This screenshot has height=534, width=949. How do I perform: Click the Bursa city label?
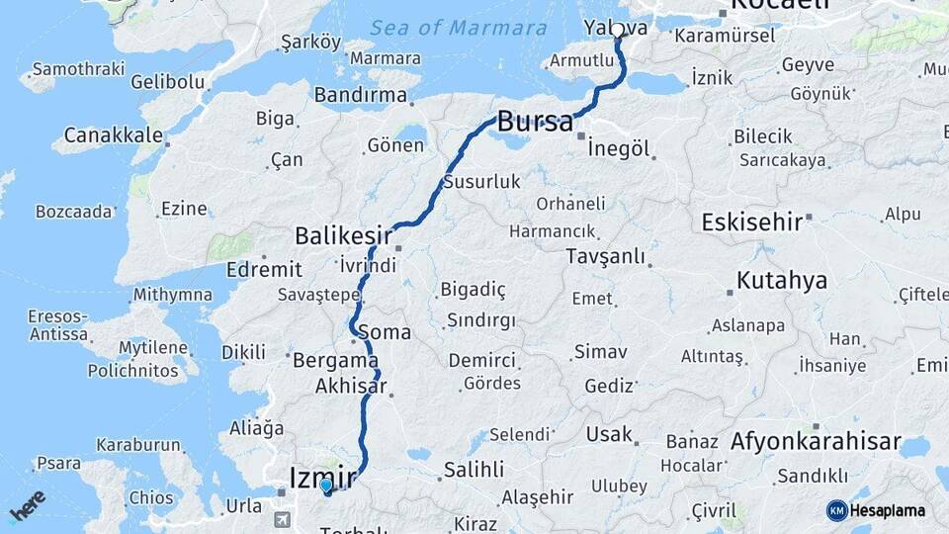tap(534, 123)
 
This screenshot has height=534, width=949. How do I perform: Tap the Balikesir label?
tap(343, 236)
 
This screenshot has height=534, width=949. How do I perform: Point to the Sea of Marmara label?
tap(459, 28)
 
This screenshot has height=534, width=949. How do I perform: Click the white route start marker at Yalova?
tap(618, 30)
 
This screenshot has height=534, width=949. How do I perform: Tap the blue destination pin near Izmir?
tap(326, 487)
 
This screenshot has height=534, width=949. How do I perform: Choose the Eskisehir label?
tap(751, 222)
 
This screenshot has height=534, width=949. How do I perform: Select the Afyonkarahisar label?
tap(816, 441)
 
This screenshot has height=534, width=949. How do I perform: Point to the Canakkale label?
tap(114, 134)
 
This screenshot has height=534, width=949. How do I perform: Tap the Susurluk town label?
tap(481, 182)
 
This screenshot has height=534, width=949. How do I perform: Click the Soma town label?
tap(386, 332)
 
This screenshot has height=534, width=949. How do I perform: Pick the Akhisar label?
tap(351, 387)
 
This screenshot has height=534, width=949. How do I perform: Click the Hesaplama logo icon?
tap(837, 510)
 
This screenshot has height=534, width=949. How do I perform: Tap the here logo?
tap(27, 505)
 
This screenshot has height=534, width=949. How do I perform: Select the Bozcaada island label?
tap(75, 212)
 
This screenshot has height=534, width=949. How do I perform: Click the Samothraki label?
tap(78, 69)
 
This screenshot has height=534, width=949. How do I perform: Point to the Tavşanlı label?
tap(606, 257)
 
